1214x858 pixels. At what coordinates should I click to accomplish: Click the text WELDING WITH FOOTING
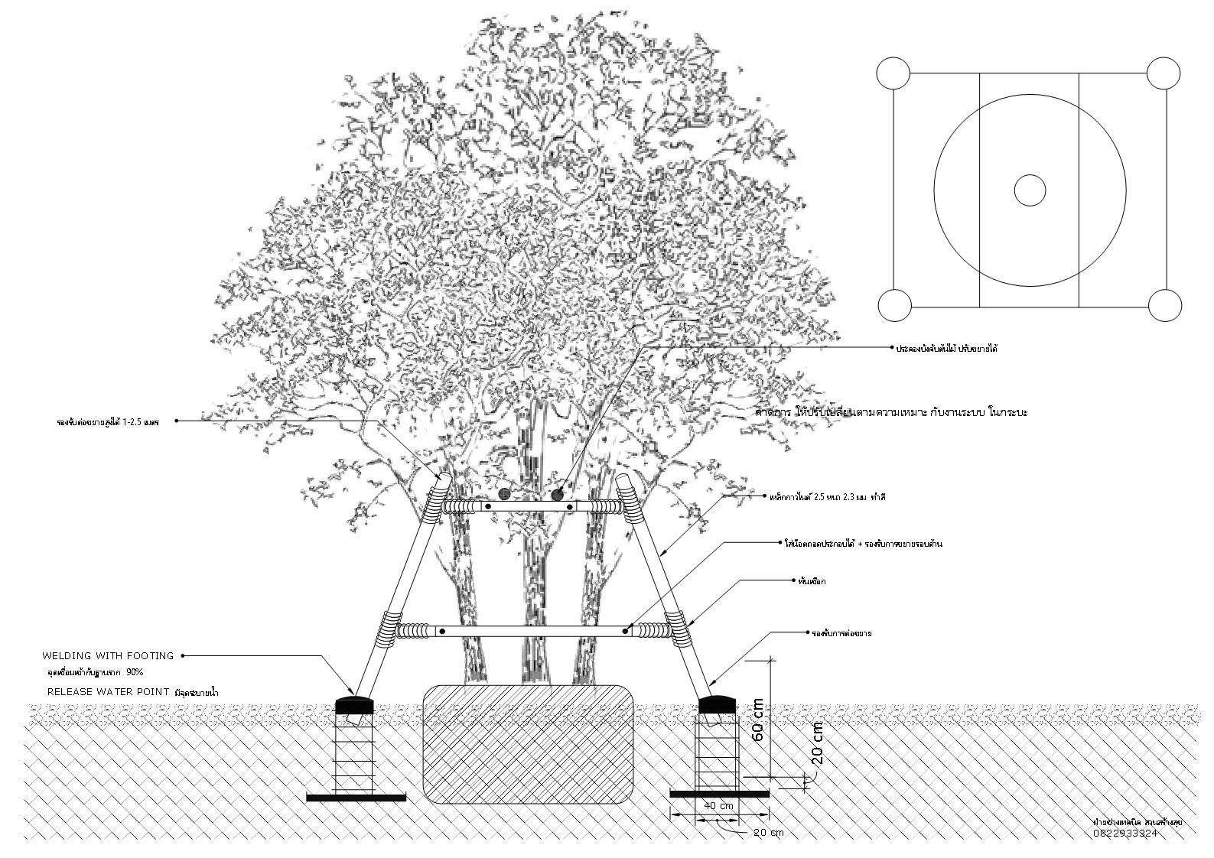108,656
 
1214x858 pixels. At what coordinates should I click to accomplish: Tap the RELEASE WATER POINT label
108,691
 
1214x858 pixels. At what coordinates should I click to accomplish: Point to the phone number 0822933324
1125,834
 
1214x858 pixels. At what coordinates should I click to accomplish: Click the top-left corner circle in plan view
893,74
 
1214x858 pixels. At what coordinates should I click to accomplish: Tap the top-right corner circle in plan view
1164,74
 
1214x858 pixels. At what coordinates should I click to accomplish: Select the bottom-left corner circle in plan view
893,305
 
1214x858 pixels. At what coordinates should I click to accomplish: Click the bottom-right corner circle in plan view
1164,305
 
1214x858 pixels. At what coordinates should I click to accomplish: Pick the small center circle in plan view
1030,190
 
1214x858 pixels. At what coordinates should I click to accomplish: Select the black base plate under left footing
356,798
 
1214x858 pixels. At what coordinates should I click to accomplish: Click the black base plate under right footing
718,794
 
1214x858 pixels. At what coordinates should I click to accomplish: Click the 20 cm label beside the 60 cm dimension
817,743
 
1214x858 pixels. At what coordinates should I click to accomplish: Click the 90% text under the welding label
135,672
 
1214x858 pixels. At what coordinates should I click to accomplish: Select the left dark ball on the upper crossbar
505,495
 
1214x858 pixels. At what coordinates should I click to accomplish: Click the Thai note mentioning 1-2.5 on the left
108,421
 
